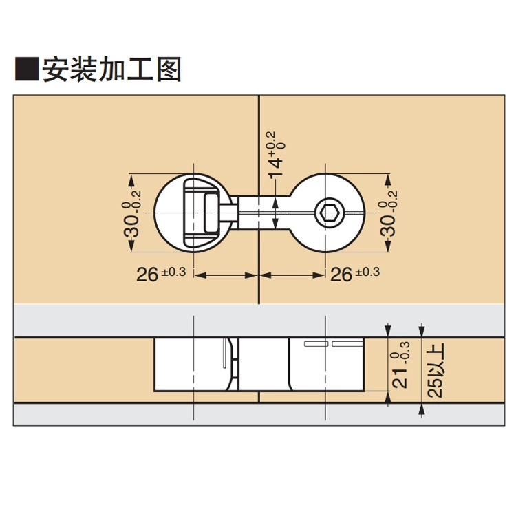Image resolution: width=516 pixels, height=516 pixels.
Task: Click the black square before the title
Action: tap(27, 69)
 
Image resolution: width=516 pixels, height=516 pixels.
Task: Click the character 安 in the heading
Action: tap(55, 69)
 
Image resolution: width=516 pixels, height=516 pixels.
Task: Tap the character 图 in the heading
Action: tap(169, 69)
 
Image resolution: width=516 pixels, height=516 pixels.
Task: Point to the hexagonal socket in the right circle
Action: tap(330, 213)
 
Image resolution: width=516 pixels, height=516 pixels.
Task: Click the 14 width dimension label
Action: tap(276, 155)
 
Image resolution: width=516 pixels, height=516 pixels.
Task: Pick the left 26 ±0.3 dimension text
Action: tap(161, 273)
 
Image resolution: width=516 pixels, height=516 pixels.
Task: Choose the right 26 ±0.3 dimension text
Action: tap(355, 273)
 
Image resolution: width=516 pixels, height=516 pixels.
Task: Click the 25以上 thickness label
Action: tap(436, 370)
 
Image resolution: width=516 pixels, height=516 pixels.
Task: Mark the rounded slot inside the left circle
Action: tap(211, 213)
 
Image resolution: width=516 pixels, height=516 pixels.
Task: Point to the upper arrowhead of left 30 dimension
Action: tap(131, 180)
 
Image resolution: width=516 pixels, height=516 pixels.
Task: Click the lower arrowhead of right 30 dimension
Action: tap(388, 246)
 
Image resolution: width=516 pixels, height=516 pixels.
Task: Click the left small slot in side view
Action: tap(316, 344)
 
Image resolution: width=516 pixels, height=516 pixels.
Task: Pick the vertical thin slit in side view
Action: tap(224, 354)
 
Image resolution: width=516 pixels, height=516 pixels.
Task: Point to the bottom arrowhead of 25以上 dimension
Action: tap(422, 410)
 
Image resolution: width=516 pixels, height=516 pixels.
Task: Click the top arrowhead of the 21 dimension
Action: tap(388, 330)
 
